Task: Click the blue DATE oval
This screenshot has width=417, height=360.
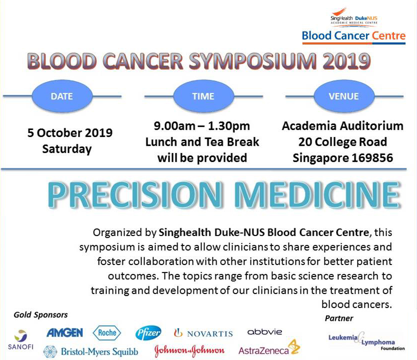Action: pyautogui.click(x=62, y=96)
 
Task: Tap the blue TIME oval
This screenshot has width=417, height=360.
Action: pyautogui.click(x=203, y=96)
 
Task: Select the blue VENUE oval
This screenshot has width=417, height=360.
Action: pyautogui.click(x=344, y=96)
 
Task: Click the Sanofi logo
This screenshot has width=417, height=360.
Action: pyautogui.click(x=20, y=340)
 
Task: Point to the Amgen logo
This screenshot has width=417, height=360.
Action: pyautogui.click(x=64, y=332)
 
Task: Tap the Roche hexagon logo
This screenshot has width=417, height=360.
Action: pyautogui.click(x=107, y=332)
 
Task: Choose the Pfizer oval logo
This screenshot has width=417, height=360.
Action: pyautogui.click(x=148, y=333)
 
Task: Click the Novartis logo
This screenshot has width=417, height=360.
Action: pyautogui.click(x=203, y=333)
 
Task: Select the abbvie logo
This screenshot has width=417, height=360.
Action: pyautogui.click(x=264, y=332)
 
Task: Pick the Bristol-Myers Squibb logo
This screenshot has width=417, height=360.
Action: pyautogui.click(x=90, y=351)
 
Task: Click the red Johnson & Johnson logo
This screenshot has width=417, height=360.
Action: pyautogui.click(x=189, y=350)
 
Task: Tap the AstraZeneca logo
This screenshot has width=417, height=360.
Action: pyautogui.click(x=269, y=348)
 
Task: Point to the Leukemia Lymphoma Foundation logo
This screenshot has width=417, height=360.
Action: pyautogui.click(x=366, y=341)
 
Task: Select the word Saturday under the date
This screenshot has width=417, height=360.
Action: pyautogui.click(x=67, y=149)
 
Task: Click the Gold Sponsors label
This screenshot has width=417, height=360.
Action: pyautogui.click(x=40, y=315)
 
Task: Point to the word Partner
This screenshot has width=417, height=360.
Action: pyautogui.click(x=339, y=318)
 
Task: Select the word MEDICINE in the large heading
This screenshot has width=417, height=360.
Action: pyautogui.click(x=317, y=194)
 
